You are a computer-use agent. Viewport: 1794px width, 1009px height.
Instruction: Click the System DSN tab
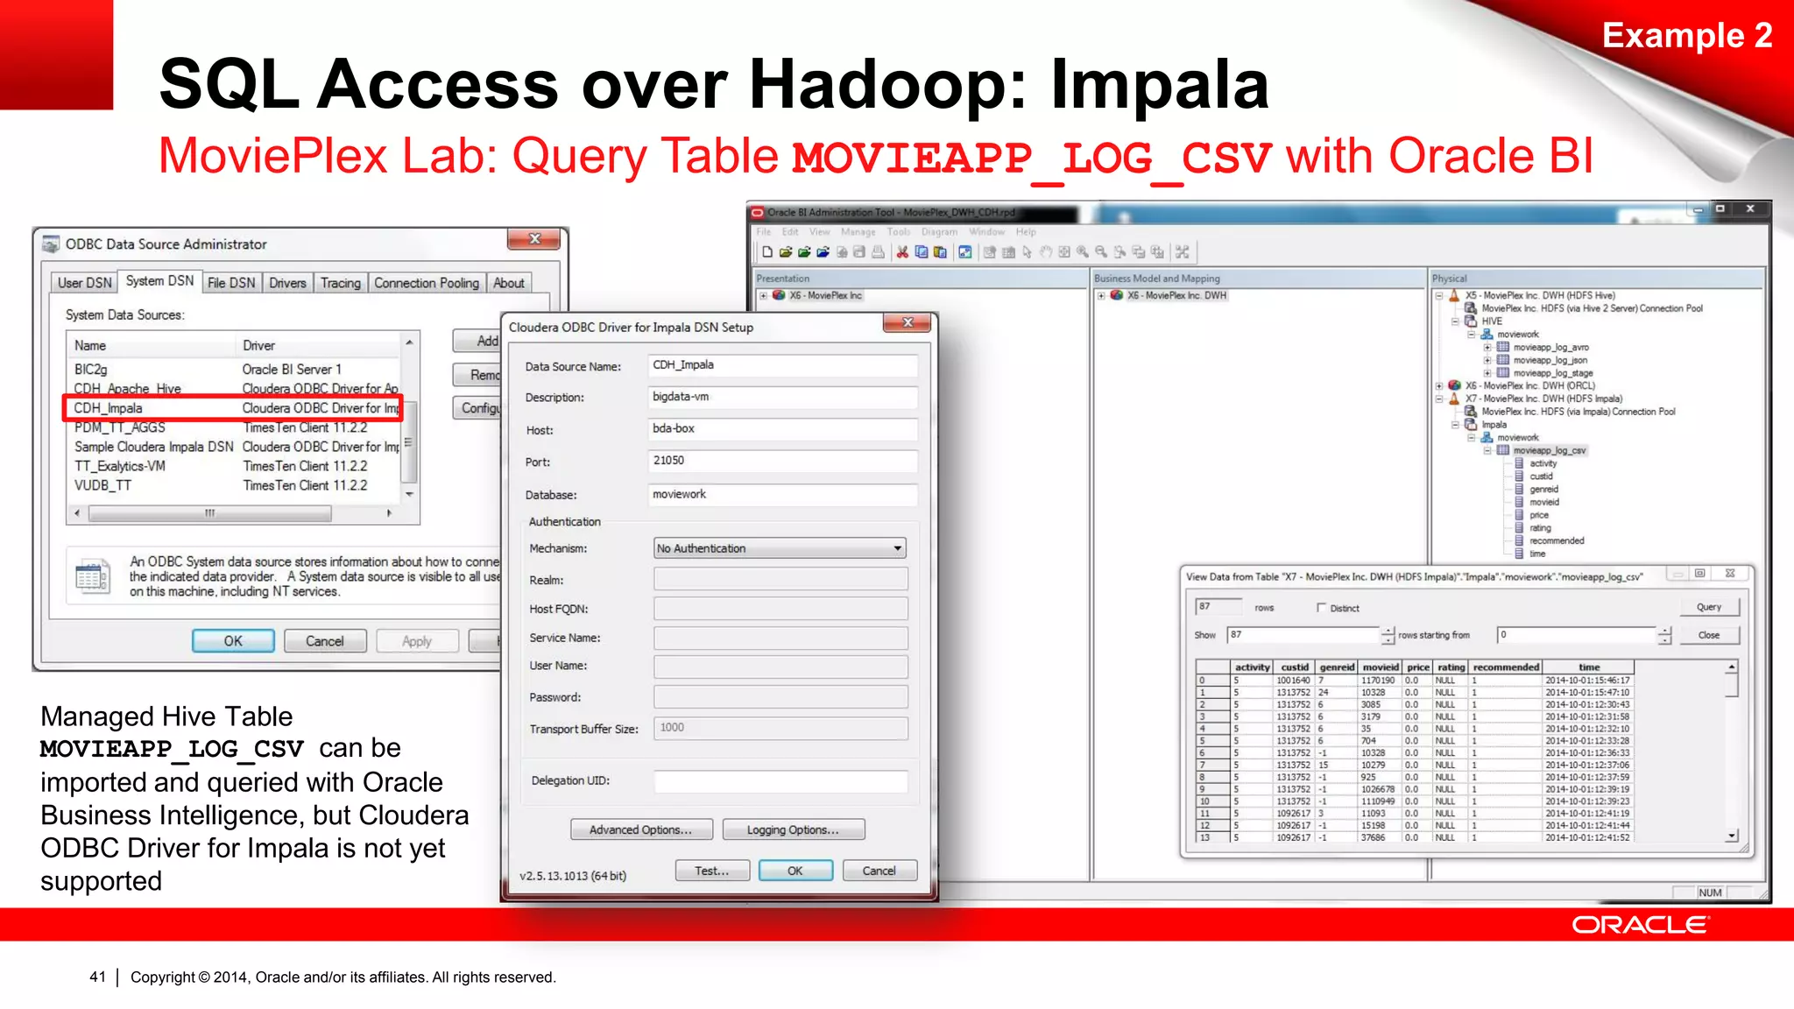[x=159, y=281]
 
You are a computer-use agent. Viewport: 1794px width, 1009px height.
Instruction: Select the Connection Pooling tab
[x=427, y=283]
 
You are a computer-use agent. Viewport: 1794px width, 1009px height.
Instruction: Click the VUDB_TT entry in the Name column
[x=102, y=485]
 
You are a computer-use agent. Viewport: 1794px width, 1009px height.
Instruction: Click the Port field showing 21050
[x=782, y=461]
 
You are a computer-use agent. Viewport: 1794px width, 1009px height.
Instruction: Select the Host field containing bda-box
[x=782, y=429]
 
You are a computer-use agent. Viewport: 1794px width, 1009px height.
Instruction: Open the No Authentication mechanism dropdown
[x=780, y=548]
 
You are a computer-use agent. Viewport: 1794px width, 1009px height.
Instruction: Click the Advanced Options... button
[x=640, y=829]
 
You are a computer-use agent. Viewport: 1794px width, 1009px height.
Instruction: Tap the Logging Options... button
[x=792, y=829]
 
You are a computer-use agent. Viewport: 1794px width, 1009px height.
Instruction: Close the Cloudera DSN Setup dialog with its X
[x=908, y=323]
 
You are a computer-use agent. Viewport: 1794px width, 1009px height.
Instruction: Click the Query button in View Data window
[x=1708, y=607]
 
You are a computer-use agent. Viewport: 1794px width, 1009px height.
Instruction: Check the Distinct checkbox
[x=1322, y=608]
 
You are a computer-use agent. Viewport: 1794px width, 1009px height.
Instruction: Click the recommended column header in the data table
[x=1506, y=667]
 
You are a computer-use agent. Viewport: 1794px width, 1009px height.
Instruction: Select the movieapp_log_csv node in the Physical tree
[x=1549, y=451]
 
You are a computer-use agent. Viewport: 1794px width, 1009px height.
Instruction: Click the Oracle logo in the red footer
[x=1639, y=925]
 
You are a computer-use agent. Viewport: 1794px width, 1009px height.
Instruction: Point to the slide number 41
[x=97, y=977]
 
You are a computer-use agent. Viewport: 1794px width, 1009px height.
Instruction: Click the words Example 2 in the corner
[x=1686, y=36]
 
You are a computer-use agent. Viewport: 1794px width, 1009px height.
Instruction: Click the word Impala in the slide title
[x=1159, y=85]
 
